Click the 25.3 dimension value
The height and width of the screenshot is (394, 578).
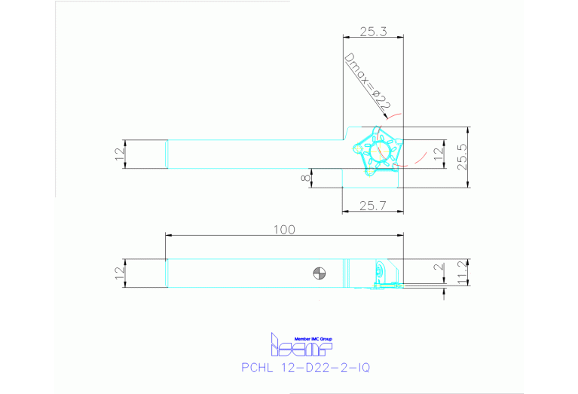(x=372, y=32)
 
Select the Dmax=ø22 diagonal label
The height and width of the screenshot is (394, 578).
(x=367, y=84)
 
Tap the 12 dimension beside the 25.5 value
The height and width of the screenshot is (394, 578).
(x=439, y=153)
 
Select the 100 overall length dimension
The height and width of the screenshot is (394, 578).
(x=283, y=230)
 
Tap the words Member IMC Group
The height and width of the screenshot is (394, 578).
(x=312, y=339)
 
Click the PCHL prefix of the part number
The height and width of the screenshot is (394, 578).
(x=257, y=368)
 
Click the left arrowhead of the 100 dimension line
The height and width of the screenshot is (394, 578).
(x=168, y=236)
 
